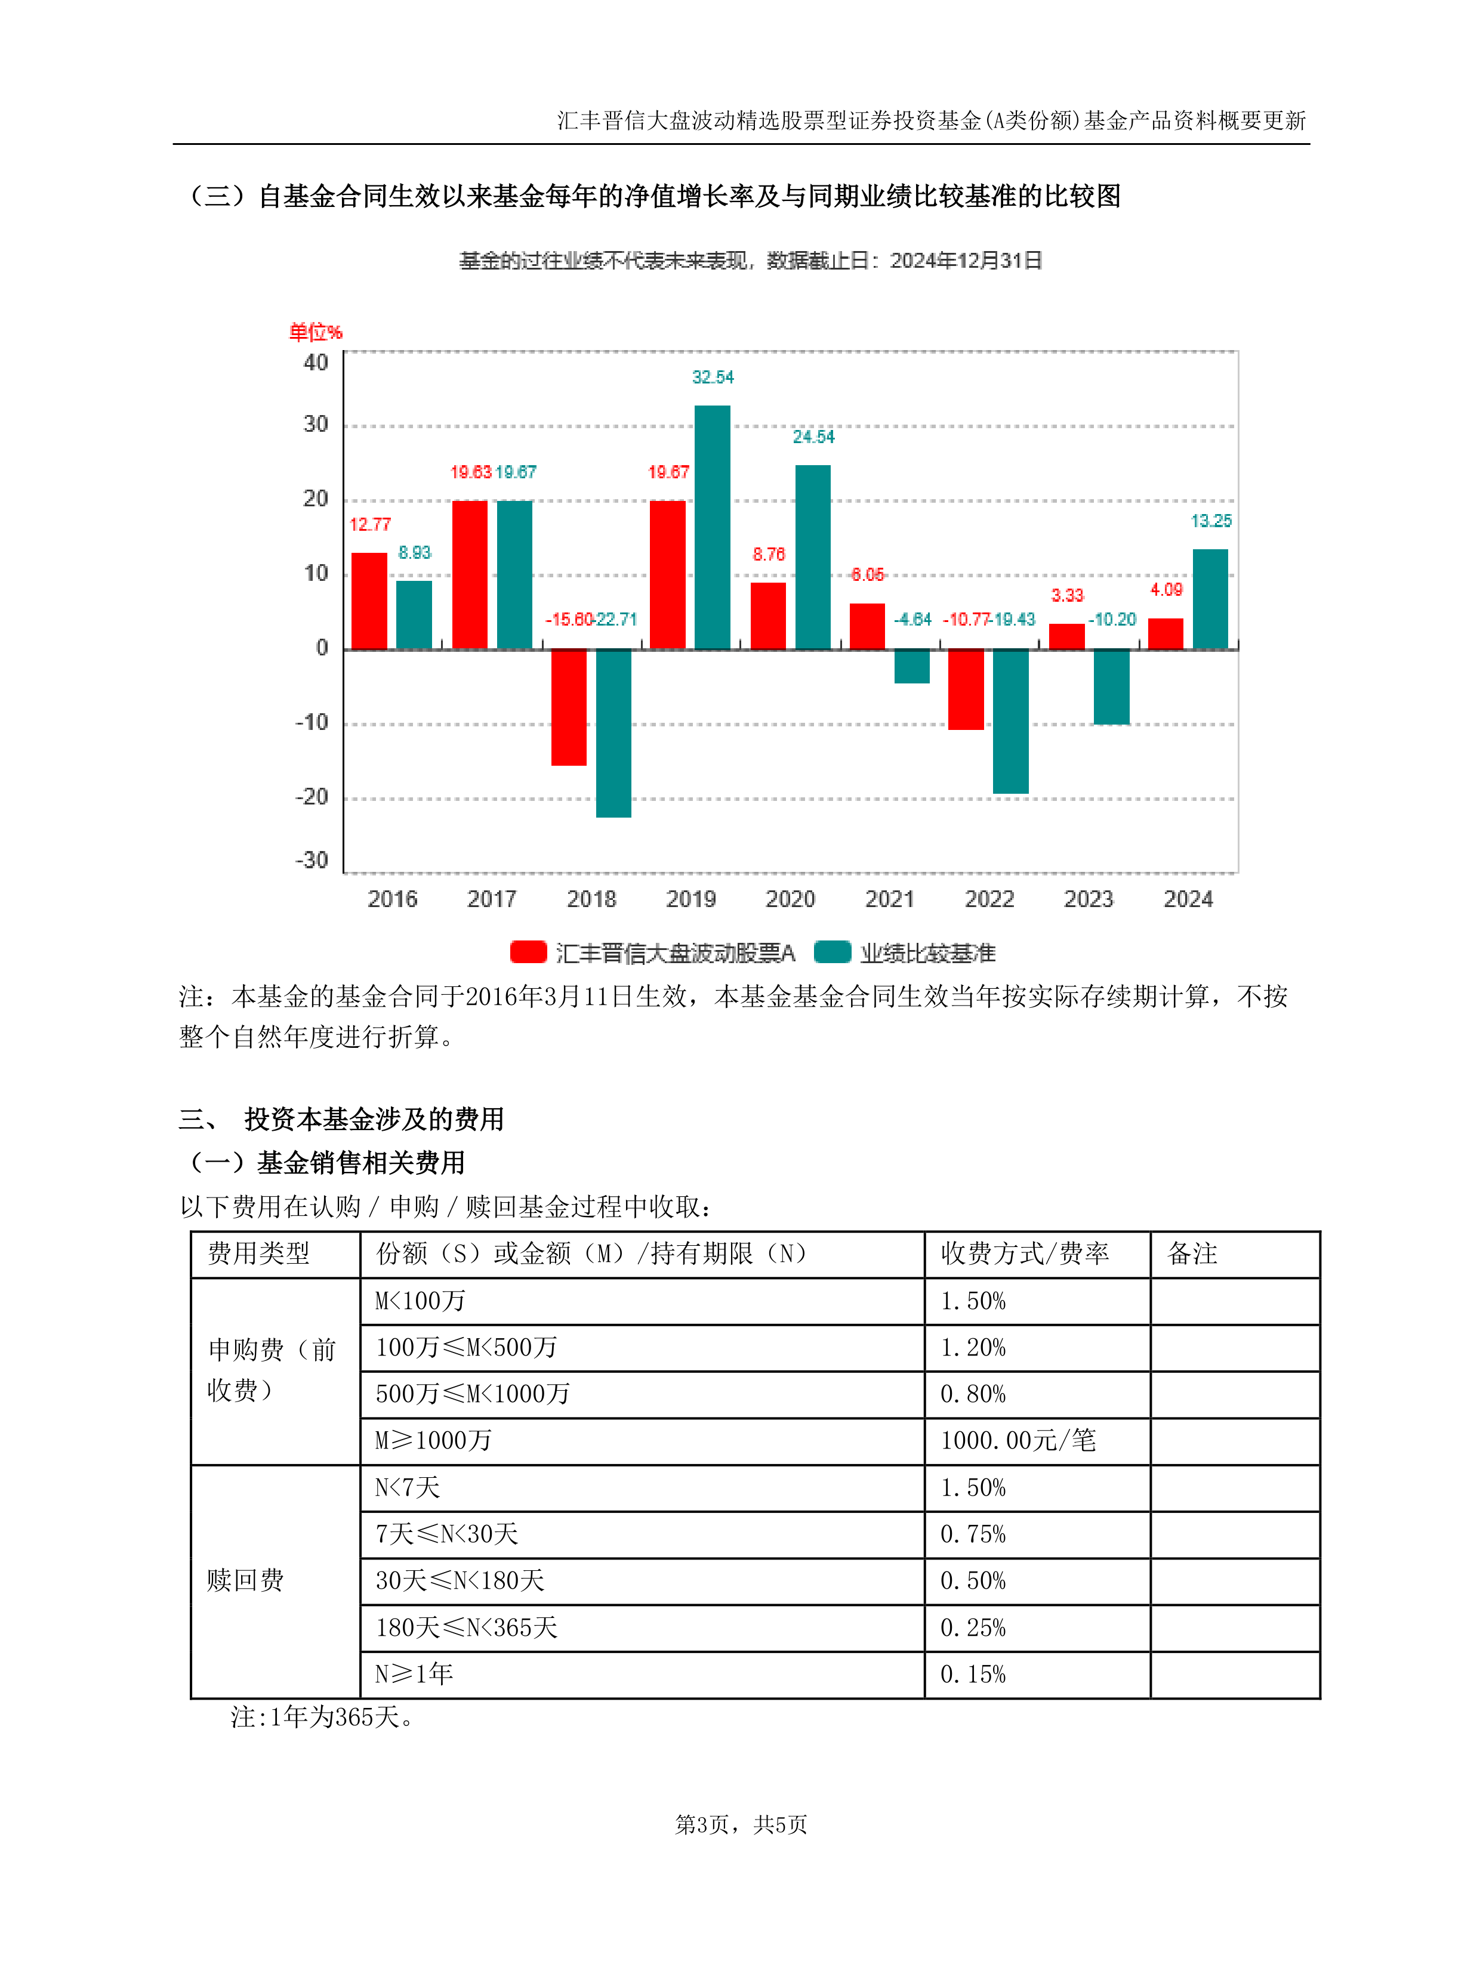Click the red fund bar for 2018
click(569, 707)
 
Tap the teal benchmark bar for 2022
click(1010, 720)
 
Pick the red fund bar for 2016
click(369, 601)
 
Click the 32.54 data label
click(713, 377)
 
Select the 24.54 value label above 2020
click(813, 437)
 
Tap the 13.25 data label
click(1211, 521)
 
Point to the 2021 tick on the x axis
click(889, 899)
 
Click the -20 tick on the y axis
click(313, 797)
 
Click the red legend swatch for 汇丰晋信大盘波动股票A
click(528, 952)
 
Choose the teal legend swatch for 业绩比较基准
click(833, 952)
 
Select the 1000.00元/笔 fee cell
click(1018, 1440)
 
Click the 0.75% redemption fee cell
click(973, 1534)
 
